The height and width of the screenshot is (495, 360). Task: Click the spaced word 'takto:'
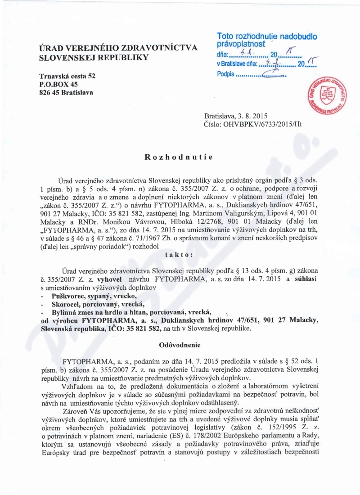(180, 254)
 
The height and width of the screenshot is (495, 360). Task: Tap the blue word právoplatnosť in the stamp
(241, 45)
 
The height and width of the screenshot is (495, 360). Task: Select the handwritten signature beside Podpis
(274, 73)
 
